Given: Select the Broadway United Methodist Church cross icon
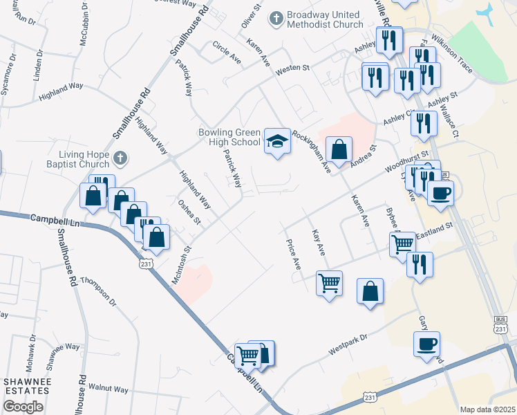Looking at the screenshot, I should click(276, 19).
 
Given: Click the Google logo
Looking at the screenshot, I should click(23, 407).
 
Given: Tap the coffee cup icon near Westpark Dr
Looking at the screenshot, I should click(426, 343).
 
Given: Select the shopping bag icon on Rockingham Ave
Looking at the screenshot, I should click(339, 149).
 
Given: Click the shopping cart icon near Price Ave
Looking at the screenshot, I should click(329, 282).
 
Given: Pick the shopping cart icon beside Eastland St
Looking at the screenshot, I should click(402, 243).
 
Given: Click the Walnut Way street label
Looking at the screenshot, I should click(109, 389).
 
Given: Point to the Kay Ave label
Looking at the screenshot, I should click(318, 243).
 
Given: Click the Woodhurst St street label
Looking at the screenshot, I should click(408, 163).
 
